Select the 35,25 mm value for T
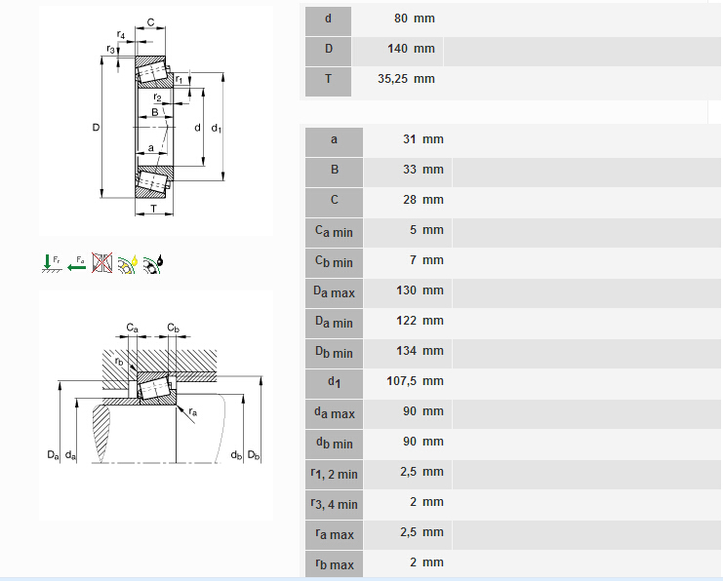[406, 79]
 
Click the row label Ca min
[334, 231]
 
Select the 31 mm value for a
[422, 139]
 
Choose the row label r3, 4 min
[334, 503]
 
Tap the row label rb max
[334, 563]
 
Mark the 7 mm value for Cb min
[425, 260]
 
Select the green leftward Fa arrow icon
[76, 261]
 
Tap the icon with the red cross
[102, 261]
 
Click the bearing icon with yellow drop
[128, 261]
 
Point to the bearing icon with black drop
[154, 261]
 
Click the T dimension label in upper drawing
[152, 209]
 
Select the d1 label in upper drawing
[217, 129]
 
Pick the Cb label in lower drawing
[173, 328]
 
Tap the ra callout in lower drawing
[192, 412]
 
